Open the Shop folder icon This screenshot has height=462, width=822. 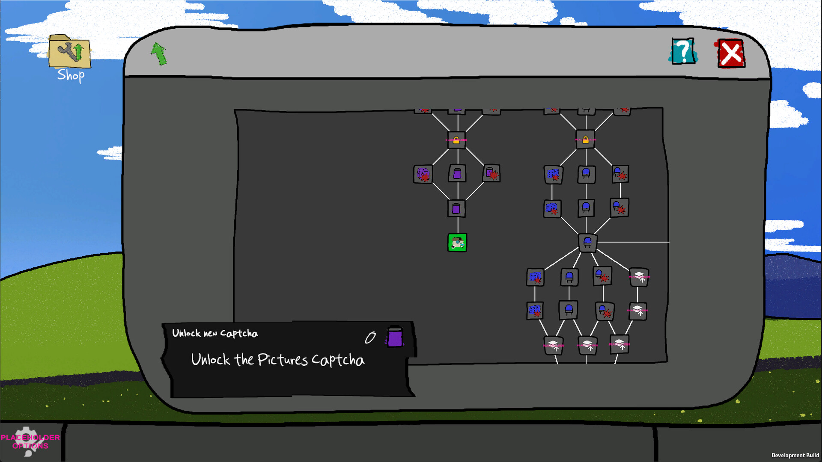pos(69,52)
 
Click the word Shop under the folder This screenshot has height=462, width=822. pos(71,75)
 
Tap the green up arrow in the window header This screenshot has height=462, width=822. pos(159,54)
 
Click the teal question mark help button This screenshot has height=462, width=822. pos(683,52)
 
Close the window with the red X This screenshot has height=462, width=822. pos(731,54)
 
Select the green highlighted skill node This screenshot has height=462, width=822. pos(457,243)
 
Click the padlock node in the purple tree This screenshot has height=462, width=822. pos(456,140)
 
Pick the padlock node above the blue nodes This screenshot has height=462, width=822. pos(585,139)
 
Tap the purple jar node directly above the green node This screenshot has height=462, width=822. pos(456,209)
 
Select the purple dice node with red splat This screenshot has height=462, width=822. pos(423,174)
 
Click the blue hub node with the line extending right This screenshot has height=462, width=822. pos(587,243)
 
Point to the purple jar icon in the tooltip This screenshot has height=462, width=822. pos(395,337)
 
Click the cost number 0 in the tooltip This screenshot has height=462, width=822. pos(370,338)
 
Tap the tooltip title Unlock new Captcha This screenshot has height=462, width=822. pos(215,333)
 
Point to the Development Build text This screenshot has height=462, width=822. pos(795,455)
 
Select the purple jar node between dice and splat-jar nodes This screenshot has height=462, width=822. pos(457,174)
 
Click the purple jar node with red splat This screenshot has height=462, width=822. pos(491,174)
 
